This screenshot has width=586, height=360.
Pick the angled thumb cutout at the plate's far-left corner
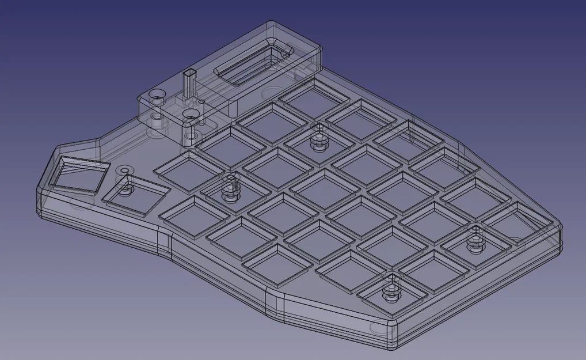pos(78,171)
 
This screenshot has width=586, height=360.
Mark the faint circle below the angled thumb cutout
pos(81,202)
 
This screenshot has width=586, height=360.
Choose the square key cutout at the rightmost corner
pos(515,221)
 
